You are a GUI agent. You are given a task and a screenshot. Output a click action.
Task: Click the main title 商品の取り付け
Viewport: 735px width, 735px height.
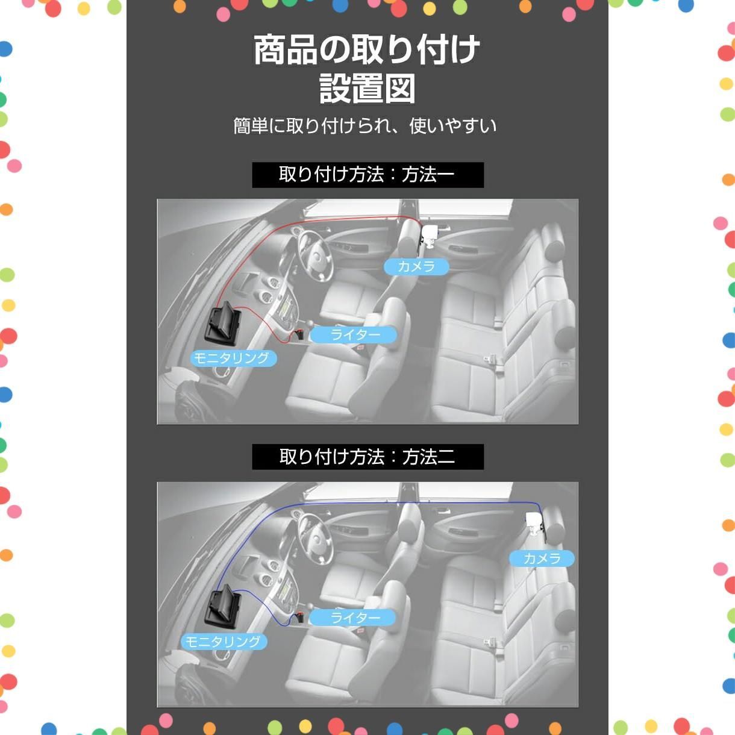coord(366,49)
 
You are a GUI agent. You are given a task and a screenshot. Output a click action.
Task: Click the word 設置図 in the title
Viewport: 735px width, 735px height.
coord(367,89)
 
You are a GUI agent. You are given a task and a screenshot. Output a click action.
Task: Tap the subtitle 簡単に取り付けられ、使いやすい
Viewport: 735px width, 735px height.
coord(365,126)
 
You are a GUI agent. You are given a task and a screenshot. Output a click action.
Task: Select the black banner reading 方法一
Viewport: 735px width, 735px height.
coord(367,175)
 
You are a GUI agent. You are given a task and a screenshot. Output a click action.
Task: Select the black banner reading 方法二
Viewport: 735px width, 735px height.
coord(367,457)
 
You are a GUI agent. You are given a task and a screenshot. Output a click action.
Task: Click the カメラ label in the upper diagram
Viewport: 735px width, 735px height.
coord(416,266)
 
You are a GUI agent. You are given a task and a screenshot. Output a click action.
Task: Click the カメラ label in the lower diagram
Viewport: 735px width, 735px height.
coord(542,558)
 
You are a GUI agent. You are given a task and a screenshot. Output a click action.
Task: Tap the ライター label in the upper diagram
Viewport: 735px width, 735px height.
coord(354,335)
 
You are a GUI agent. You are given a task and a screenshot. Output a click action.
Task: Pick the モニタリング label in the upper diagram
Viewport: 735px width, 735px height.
coord(233,358)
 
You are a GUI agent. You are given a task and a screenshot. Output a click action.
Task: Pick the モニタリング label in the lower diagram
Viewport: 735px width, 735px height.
coord(224,642)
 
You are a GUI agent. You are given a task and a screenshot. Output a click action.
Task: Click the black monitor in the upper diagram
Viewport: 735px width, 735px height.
coord(224,322)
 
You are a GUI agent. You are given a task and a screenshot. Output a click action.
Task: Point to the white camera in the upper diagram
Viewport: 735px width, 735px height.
coord(430,234)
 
